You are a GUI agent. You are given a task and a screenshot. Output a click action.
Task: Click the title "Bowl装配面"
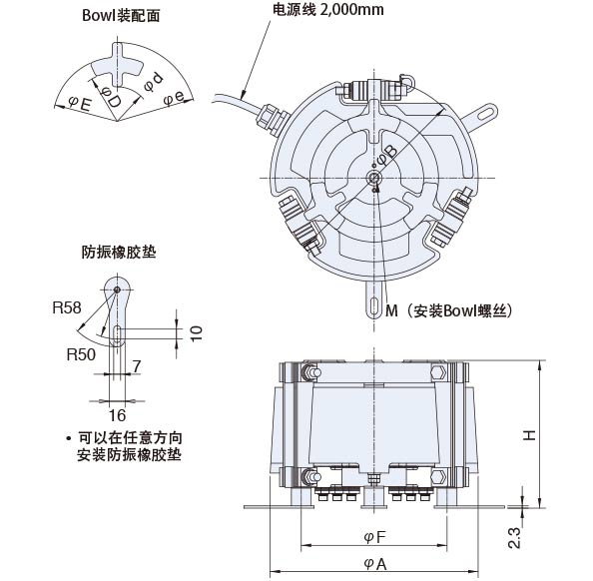pyautogui.click(x=121, y=16)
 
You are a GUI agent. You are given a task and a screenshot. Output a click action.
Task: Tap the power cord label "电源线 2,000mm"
pyautogui.click(x=327, y=10)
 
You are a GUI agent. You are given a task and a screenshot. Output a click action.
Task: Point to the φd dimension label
pyautogui.click(x=154, y=82)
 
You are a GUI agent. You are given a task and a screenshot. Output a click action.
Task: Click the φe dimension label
pyautogui.click(x=174, y=98)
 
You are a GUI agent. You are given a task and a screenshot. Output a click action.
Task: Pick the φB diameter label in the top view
pyautogui.click(x=387, y=156)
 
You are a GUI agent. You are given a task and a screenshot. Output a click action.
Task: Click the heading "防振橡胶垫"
pyautogui.click(x=119, y=252)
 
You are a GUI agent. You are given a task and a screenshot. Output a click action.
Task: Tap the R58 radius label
pyautogui.click(x=67, y=307)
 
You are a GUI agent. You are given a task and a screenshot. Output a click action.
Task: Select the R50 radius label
pyautogui.click(x=81, y=354)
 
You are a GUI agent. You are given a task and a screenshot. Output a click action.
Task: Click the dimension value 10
pyautogui.click(x=197, y=332)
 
